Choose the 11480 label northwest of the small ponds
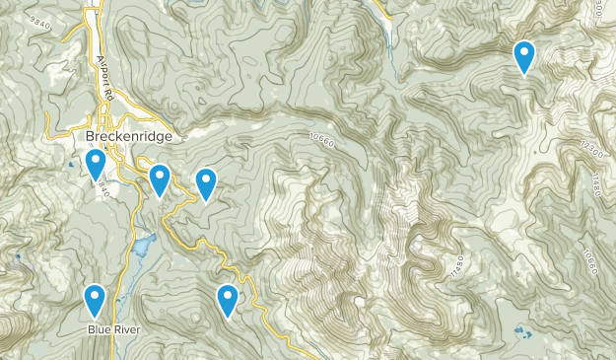456,265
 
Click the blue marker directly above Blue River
95,298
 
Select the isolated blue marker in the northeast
524,56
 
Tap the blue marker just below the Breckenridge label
96,164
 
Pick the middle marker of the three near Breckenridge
160,179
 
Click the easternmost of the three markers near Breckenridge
205,182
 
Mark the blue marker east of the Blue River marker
228,299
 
